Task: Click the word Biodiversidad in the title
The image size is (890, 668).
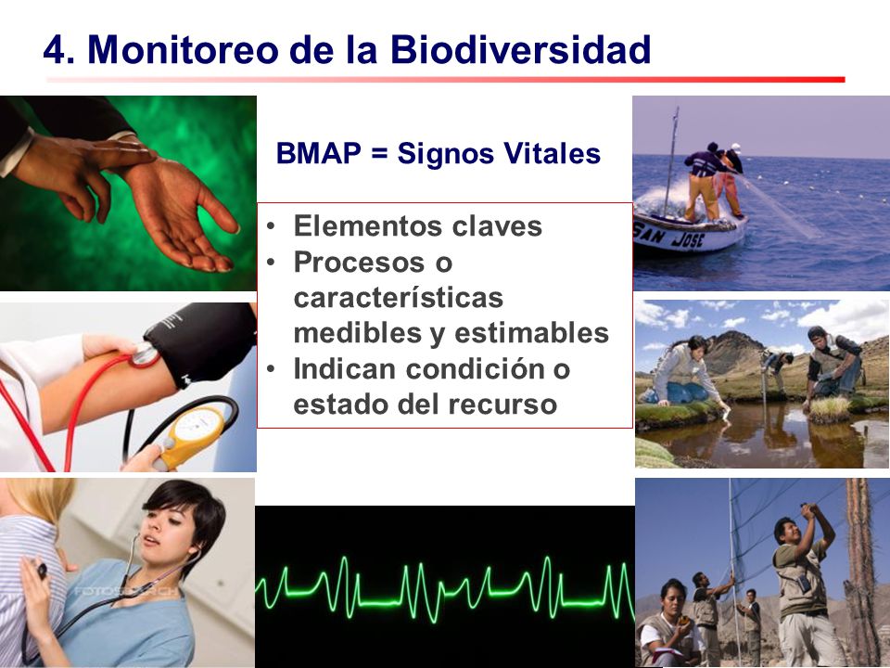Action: [x=520, y=49]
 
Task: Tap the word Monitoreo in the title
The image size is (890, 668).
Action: [x=183, y=49]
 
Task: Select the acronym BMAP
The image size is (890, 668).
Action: [x=318, y=153]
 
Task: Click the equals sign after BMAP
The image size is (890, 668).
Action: [x=379, y=154]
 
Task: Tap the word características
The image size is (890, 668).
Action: [x=399, y=298]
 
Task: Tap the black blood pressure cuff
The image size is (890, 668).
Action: [x=201, y=342]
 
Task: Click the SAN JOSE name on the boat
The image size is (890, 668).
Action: [x=669, y=235]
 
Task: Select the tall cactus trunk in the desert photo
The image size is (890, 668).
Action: [x=861, y=568]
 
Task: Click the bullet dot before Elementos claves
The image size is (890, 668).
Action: [x=272, y=226]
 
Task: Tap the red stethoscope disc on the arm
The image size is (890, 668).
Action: [x=145, y=355]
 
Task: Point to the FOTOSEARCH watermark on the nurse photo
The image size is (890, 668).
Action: [x=126, y=591]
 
